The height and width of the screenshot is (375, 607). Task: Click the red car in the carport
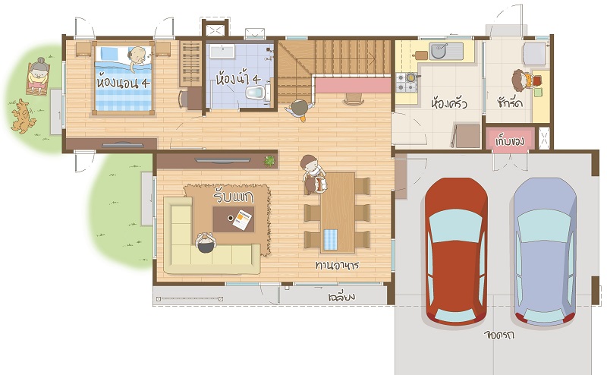pyautogui.click(x=456, y=251)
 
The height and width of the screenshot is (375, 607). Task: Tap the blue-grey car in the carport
pyautogui.click(x=545, y=251)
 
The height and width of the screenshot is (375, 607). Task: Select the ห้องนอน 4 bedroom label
pyautogui.click(x=123, y=83)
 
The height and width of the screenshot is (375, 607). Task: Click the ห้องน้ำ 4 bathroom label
pyautogui.click(x=237, y=79)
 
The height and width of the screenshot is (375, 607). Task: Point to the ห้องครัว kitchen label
pyautogui.click(x=449, y=103)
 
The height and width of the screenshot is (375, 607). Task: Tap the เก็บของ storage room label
pyautogui.click(x=509, y=140)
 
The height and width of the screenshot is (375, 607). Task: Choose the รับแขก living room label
pyautogui.click(x=234, y=197)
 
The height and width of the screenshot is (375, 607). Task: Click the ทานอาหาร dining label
pyautogui.click(x=337, y=266)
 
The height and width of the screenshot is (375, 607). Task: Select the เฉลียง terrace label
pyautogui.click(x=341, y=297)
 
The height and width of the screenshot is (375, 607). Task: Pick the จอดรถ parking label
pyautogui.click(x=499, y=334)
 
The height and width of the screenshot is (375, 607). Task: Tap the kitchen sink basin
pyautogui.click(x=439, y=51)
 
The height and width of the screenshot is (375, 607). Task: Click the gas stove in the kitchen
pyautogui.click(x=407, y=82)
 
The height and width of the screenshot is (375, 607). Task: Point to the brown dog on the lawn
pyautogui.click(x=23, y=116)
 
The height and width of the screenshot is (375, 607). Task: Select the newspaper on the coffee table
pyautogui.click(x=243, y=219)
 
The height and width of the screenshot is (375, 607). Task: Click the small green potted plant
pyautogui.click(x=269, y=160)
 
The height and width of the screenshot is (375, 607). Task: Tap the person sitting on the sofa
pyautogui.click(x=205, y=242)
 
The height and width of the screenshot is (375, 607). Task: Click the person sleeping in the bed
pyautogui.click(x=137, y=58)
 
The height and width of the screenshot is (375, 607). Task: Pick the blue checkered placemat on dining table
pyautogui.click(x=330, y=239)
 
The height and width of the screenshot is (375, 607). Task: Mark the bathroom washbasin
pyautogui.click(x=222, y=51)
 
